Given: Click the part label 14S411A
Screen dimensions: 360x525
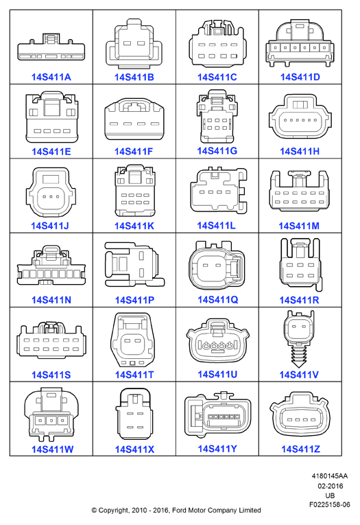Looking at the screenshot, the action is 51,77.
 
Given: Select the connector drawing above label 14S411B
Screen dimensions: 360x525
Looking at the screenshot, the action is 134,42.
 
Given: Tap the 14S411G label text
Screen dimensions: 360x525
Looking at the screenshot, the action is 217,151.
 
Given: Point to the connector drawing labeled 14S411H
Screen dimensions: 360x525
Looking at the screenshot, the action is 300,116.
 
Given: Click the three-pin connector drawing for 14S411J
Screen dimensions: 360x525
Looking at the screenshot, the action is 51,192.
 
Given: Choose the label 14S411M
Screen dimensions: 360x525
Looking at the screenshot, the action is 299,226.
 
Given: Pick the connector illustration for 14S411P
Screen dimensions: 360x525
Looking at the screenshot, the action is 134,264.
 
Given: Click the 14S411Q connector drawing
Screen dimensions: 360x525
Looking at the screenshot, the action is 217,265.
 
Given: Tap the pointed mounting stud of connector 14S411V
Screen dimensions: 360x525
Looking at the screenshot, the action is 299,356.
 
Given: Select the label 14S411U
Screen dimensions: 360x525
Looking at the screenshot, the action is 217,374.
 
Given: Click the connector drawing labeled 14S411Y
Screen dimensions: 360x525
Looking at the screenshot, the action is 217,415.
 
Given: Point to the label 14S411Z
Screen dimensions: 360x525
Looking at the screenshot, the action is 301,449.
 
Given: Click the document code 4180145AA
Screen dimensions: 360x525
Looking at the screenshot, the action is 330,476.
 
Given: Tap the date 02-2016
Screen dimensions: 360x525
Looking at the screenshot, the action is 331,486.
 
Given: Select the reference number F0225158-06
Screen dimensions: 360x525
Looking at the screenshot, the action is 330,504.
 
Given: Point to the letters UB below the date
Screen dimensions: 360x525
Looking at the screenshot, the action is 330,495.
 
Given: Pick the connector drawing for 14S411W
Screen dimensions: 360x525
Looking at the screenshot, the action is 51,415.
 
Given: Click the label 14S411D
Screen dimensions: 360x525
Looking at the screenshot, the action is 300,77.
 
